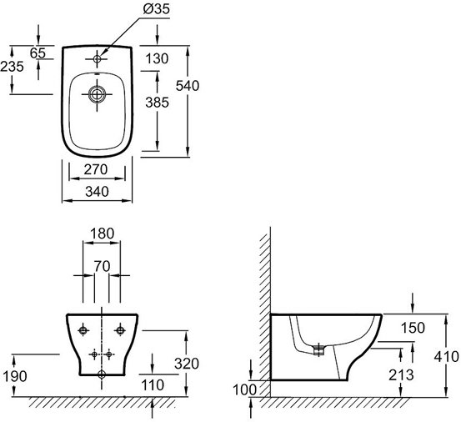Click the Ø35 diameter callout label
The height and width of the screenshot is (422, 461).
[x=157, y=9]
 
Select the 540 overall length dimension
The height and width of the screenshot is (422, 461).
[x=188, y=86]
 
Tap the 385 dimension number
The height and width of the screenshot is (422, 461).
[x=158, y=103]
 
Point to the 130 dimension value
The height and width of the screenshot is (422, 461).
[x=157, y=58]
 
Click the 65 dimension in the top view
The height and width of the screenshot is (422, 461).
[x=38, y=53]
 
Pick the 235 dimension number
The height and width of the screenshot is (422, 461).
[x=12, y=67]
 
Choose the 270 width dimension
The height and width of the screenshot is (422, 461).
[x=96, y=169]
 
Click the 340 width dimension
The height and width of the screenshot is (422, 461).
[x=97, y=192]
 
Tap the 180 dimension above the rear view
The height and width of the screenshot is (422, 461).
[x=102, y=234]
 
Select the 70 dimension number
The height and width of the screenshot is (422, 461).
[x=102, y=266]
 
